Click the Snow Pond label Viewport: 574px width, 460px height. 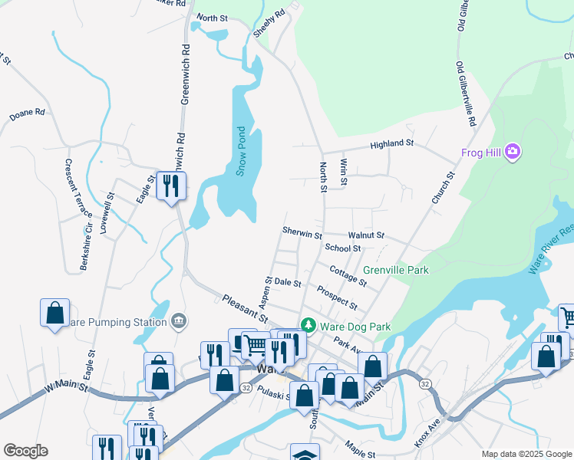(x=240, y=151)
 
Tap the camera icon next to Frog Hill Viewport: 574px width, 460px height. (x=513, y=153)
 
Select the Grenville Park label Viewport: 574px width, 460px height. (x=396, y=270)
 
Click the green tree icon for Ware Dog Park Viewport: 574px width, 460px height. (x=308, y=327)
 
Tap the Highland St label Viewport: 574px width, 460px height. (x=392, y=143)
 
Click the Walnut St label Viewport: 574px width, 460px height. (x=365, y=235)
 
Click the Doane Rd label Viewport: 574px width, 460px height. (x=28, y=113)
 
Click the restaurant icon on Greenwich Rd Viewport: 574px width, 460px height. (x=171, y=186)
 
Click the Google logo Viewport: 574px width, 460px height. (x=25, y=451)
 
